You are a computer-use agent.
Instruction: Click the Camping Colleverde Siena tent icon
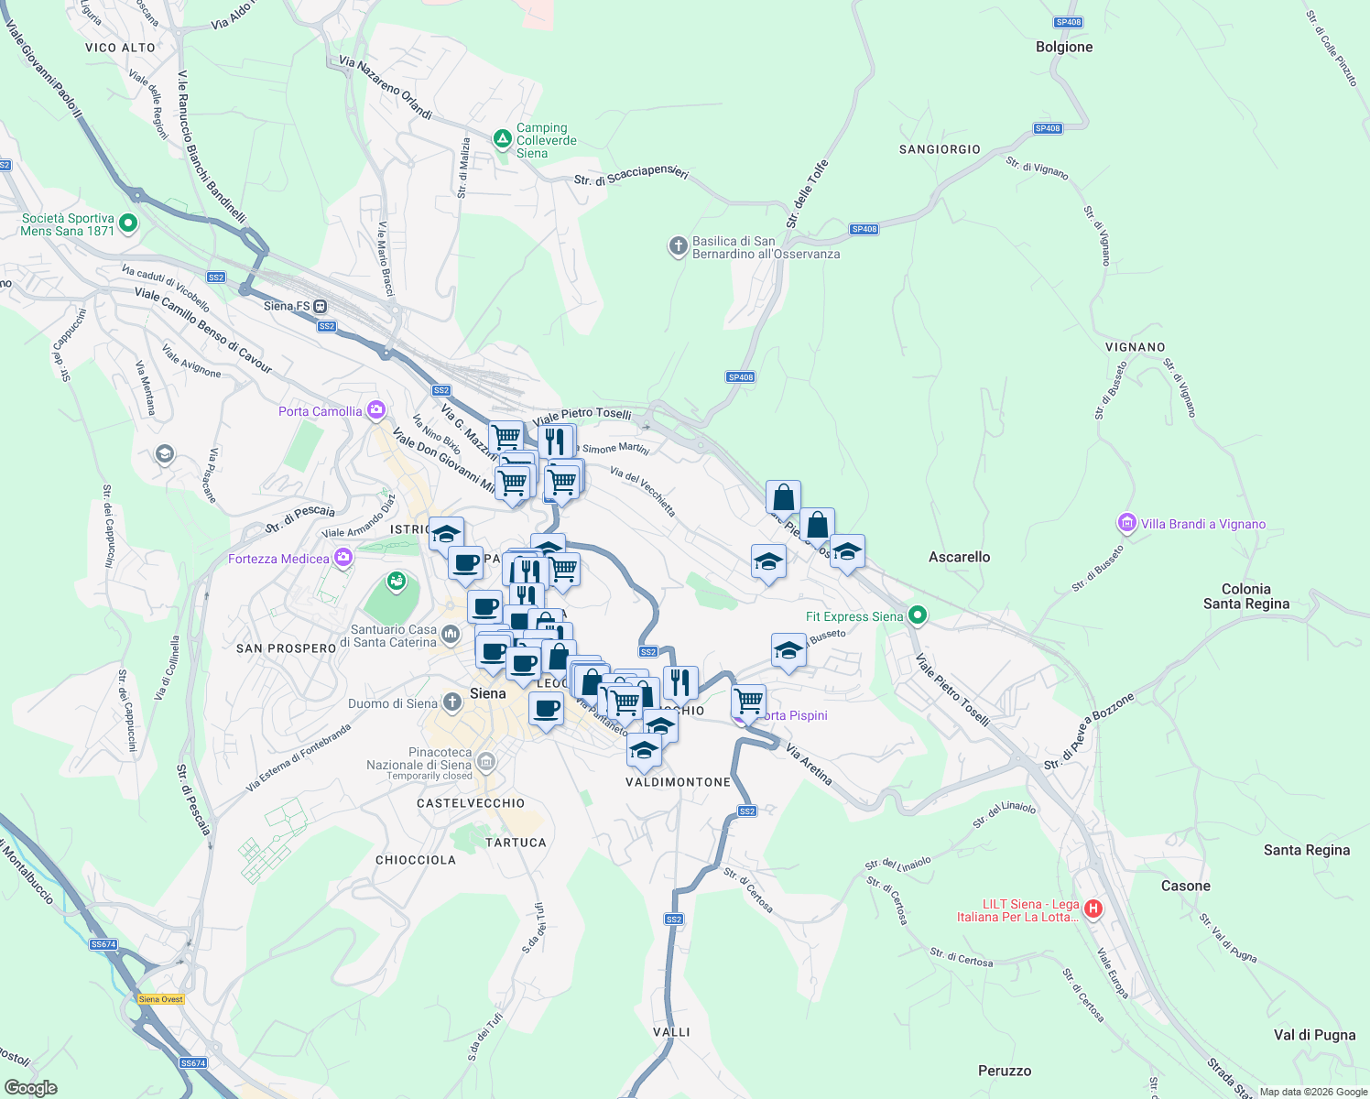click(502, 139)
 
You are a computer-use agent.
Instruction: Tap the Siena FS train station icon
click(321, 306)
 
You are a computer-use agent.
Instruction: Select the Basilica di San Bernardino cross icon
click(678, 246)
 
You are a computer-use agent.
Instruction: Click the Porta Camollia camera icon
click(375, 410)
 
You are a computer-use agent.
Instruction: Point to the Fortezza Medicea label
click(278, 559)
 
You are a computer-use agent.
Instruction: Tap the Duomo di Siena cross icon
click(451, 702)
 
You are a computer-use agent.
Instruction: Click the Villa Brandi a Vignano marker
click(1126, 523)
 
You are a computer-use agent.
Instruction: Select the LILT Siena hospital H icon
click(1093, 909)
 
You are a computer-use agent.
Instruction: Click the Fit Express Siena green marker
click(917, 615)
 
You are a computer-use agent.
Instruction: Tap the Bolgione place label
click(1064, 47)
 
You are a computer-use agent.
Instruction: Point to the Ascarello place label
click(959, 557)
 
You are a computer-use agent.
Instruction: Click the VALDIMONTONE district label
click(679, 782)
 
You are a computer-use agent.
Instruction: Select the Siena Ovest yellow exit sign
click(161, 999)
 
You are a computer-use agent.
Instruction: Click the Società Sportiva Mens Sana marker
click(128, 223)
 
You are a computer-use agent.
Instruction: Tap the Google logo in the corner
click(30, 1087)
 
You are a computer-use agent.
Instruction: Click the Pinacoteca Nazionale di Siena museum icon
click(486, 761)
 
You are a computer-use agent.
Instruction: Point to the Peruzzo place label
click(1005, 1071)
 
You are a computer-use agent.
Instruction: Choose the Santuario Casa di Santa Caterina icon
click(450, 634)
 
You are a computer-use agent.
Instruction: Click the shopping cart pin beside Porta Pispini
click(749, 702)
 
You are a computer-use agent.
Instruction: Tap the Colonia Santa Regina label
click(1245, 595)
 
